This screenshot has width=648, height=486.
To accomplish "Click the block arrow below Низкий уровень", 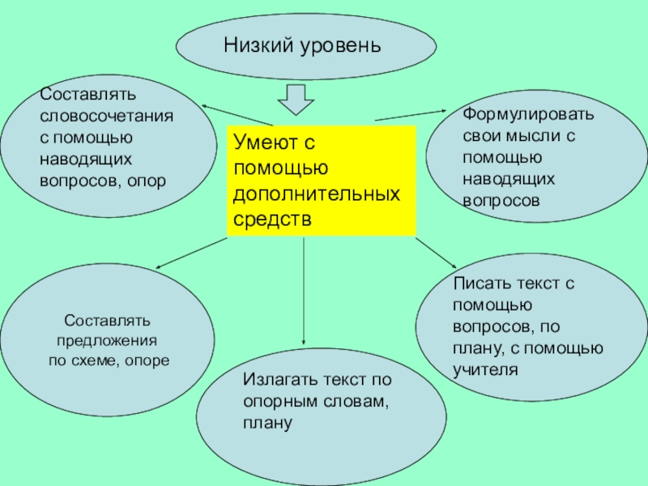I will pyautogui.click(x=296, y=98).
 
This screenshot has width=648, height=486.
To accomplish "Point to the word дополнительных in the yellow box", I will pyautogui.click(x=317, y=195).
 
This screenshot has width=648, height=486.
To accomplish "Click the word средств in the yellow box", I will pyautogui.click(x=272, y=220).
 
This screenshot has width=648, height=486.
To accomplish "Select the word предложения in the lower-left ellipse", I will pyautogui.click(x=107, y=341).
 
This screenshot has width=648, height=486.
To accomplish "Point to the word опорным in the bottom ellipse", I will pyautogui.click(x=273, y=402).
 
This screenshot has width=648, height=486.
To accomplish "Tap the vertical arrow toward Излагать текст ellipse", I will pyautogui.click(x=304, y=292).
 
